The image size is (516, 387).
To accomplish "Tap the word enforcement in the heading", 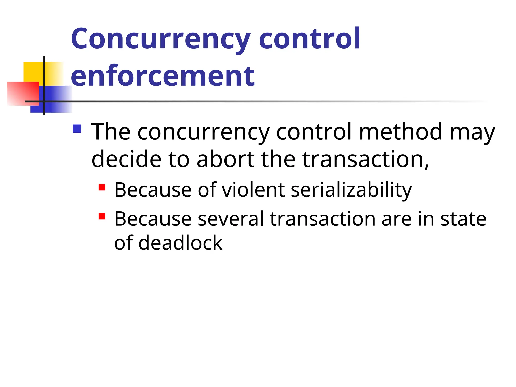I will coord(163,76).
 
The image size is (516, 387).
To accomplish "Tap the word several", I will coord(231,219).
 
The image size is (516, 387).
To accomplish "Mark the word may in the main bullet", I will coord(472,132).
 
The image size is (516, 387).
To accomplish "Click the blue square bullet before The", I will coord(77,129).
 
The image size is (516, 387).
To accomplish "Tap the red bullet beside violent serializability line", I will coord(102,187).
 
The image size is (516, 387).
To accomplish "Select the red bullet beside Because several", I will coord(102,216).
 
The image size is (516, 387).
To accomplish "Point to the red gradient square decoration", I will coord(23,93).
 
